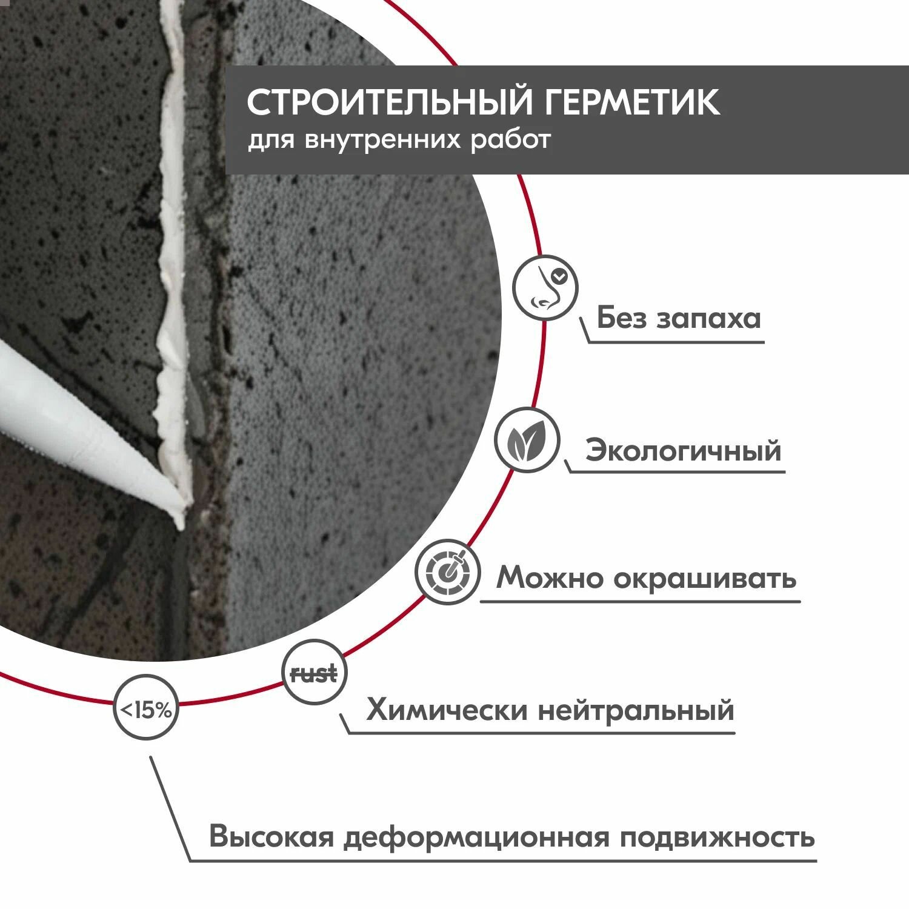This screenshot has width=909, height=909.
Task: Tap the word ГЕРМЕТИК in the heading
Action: (630, 102)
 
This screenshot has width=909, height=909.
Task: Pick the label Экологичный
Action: (683, 451)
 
